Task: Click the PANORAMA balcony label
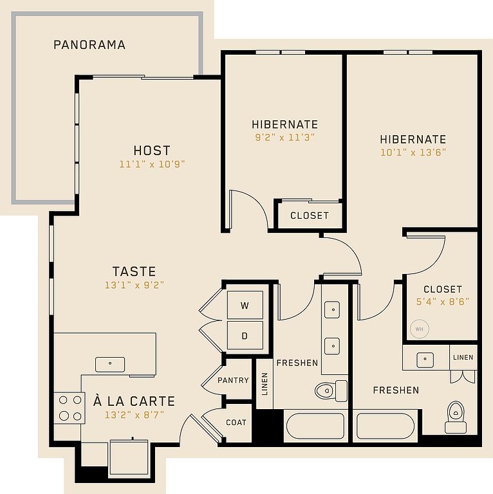[x=89, y=45]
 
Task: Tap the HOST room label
[x=152, y=151]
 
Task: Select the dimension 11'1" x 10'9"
[x=152, y=164]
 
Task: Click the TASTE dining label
[x=135, y=271]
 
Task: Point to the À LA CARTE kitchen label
[x=135, y=401]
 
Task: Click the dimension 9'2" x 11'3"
[x=285, y=138]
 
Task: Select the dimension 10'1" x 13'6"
[x=413, y=152]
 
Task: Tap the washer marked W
[x=245, y=305]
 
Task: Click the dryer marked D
[x=245, y=335]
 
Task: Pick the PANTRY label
[x=233, y=380]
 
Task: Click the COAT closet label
[x=236, y=422]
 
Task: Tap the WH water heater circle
[x=419, y=329]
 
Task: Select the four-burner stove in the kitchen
[x=70, y=408]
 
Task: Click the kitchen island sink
[x=110, y=364]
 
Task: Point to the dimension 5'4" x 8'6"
[x=443, y=302]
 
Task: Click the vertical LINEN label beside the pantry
[x=265, y=384]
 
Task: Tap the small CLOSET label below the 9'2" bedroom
[x=310, y=215]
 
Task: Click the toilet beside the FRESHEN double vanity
[x=331, y=390]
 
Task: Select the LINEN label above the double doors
[x=463, y=357]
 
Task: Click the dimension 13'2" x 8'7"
[x=135, y=415]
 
